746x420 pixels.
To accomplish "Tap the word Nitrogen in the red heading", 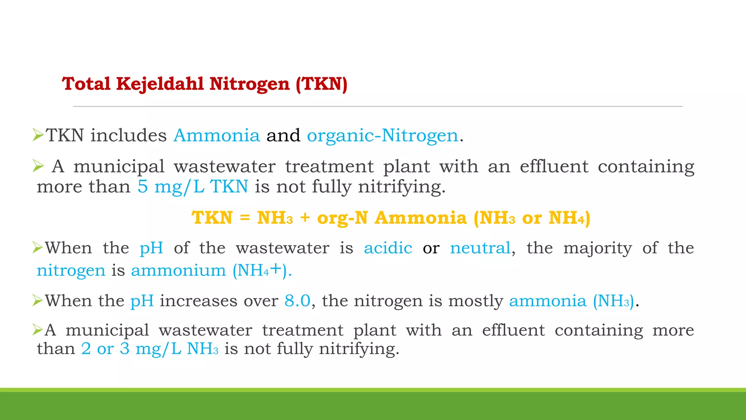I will [250, 84].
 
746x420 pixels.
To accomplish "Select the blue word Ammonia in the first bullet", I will [217, 136].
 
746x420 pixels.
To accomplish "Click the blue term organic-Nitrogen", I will [382, 136].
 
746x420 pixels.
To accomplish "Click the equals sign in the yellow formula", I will [245, 218].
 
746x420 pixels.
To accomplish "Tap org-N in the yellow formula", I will [342, 218].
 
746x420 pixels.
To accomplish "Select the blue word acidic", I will [388, 248].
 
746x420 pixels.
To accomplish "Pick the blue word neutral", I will [480, 248].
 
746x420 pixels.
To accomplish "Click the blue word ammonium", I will [178, 271].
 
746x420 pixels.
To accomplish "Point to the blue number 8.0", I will [297, 301].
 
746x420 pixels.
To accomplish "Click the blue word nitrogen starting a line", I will [71, 271].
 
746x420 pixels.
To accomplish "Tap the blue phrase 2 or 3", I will [105, 349].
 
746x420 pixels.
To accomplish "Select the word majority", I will [597, 248].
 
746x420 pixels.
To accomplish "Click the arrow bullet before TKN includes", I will [38, 135].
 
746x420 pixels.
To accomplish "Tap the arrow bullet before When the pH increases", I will [38, 300].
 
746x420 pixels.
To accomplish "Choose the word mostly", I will [475, 301].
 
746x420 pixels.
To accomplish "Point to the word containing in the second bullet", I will [646, 167].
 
